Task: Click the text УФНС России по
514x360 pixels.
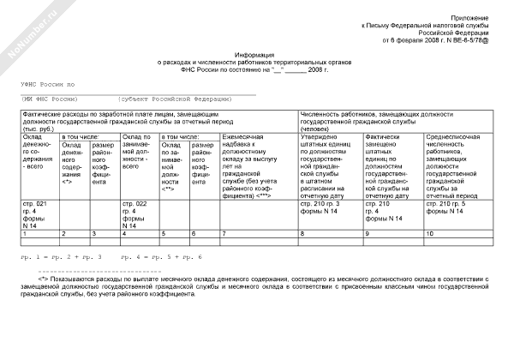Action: pos(48,85)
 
